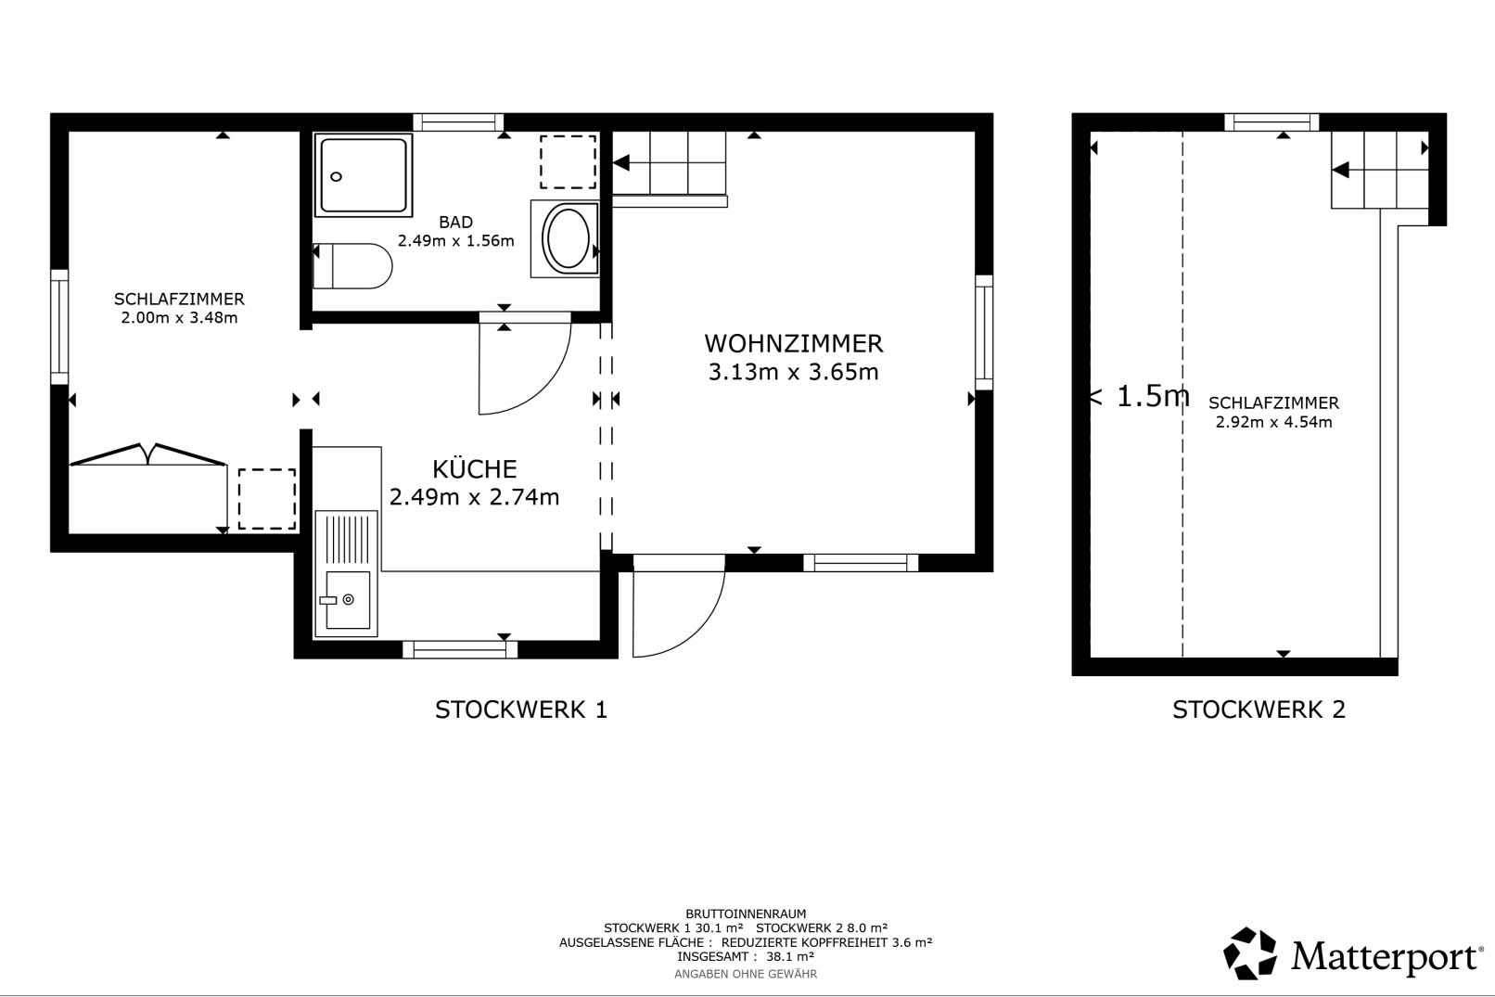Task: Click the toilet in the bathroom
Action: pos(352,265)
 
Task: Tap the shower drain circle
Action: pos(337,177)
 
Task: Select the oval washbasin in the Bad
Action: pos(568,238)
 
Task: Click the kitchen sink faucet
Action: pos(328,600)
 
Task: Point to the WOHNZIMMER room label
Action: pos(794,344)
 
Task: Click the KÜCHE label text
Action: pos(475,469)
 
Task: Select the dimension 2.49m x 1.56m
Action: pos(456,241)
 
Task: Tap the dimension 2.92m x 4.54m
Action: pos(1273,422)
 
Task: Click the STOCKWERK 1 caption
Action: pos(521,709)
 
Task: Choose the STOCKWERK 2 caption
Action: pos(1259,709)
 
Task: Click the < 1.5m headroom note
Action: pos(1139,396)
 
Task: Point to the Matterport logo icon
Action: pos(1249,953)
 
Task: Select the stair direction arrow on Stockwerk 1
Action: pos(621,163)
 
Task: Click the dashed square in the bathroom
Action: pos(568,162)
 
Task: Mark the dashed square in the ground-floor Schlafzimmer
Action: pos(267,499)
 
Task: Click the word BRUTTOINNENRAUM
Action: pos(746,914)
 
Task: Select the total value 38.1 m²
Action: pos(789,956)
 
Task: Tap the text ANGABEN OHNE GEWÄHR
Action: pos(746,975)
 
